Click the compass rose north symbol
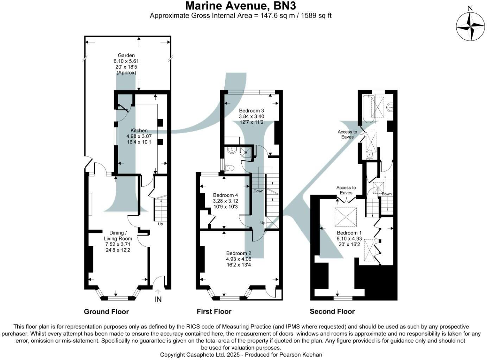[470, 27]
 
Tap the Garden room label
[126, 55]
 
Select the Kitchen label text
[139, 130]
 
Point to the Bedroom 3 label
[251, 111]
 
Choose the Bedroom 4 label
[226, 195]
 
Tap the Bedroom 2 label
[239, 253]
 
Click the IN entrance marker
[158, 299]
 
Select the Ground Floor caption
[106, 311]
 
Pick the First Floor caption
[214, 311]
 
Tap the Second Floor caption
[332, 311]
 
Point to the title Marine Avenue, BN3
[240, 6]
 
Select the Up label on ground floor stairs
[160, 224]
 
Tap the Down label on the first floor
[258, 191]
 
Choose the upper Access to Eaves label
[347, 134]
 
